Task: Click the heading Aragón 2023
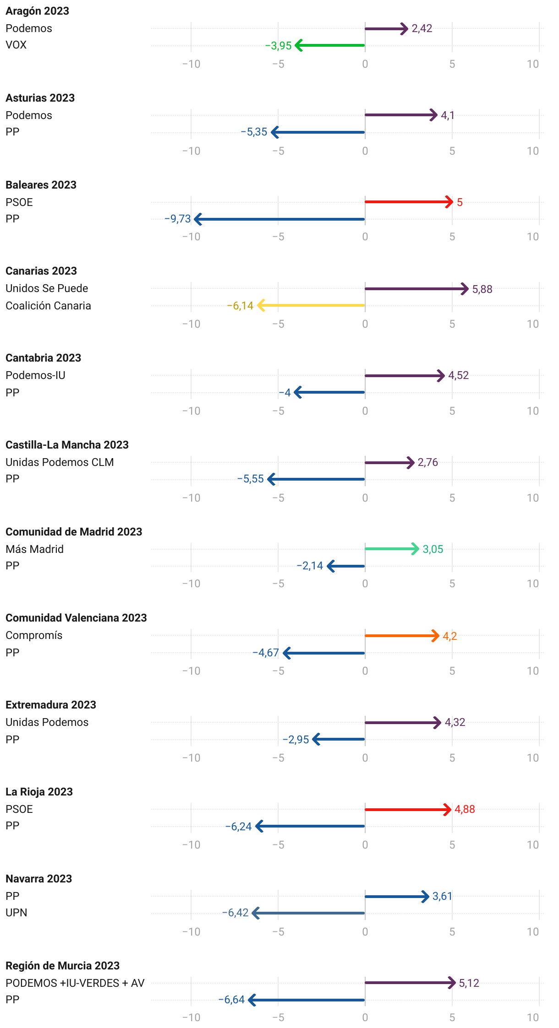[37, 11]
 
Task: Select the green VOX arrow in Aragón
[330, 45]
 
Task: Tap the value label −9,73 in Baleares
[177, 219]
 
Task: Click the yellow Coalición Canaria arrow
[312, 305]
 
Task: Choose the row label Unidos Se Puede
[47, 288]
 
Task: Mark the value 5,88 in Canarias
[482, 289]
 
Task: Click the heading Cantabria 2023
[43, 358]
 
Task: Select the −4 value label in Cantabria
[285, 393]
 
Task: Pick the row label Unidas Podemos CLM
[60, 462]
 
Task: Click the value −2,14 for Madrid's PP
[310, 566]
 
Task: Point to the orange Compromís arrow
[402, 636]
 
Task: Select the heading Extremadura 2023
[51, 705]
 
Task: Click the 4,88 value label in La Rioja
[465, 809]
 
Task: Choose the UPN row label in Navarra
[16, 913]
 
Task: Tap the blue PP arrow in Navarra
[397, 897]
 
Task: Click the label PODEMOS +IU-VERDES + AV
[75, 983]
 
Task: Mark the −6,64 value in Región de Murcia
[231, 1000]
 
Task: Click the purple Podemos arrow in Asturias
[401, 115]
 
